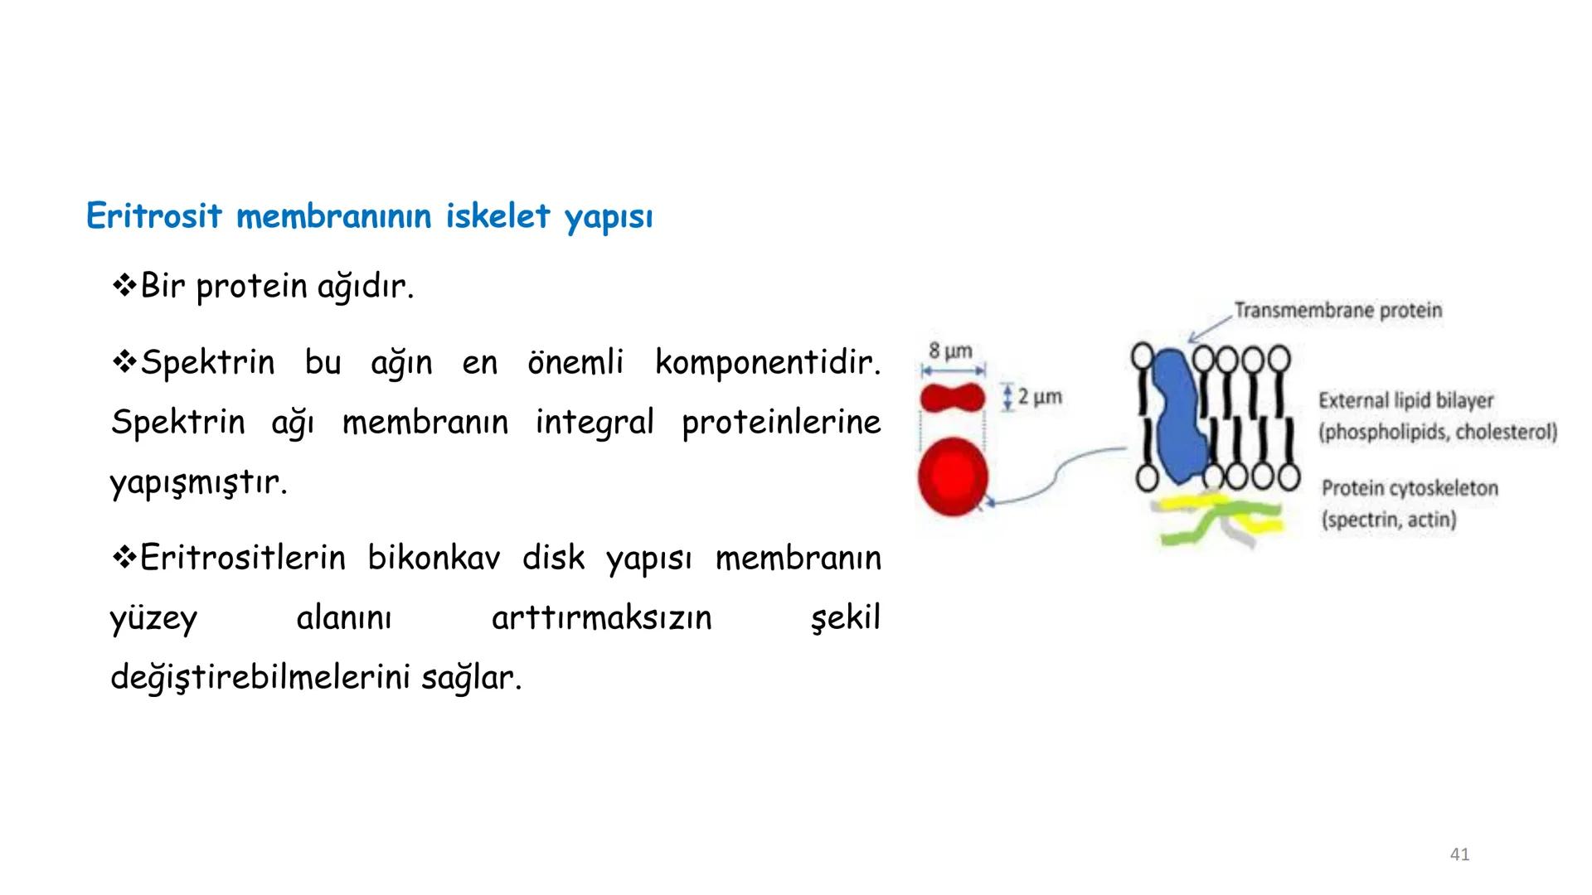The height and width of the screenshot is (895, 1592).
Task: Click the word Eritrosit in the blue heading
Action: pyautogui.click(x=154, y=216)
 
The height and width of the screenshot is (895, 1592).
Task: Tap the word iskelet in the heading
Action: pyautogui.click(x=498, y=216)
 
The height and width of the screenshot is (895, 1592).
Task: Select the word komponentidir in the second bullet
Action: pyautogui.click(x=767, y=362)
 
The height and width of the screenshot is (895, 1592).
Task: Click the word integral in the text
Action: pyautogui.click(x=594, y=422)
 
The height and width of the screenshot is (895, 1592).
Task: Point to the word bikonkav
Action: pyautogui.click(x=433, y=558)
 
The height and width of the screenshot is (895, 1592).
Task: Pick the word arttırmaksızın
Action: pyautogui.click(x=601, y=618)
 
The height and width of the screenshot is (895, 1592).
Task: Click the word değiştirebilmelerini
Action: pyautogui.click(x=261, y=678)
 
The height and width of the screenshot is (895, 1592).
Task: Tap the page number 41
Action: pyautogui.click(x=1459, y=854)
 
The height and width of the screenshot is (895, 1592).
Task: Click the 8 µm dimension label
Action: pyautogui.click(x=950, y=351)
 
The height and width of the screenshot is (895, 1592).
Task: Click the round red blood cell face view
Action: pyautogui.click(x=953, y=477)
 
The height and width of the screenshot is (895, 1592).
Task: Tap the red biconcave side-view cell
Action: pyautogui.click(x=952, y=399)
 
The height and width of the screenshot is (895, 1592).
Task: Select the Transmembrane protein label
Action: pyautogui.click(x=1337, y=311)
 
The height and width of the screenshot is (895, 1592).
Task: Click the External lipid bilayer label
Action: pyautogui.click(x=1405, y=401)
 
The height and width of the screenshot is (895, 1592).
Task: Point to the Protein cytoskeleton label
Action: pyautogui.click(x=1410, y=488)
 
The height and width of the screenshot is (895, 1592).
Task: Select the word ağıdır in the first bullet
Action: pyautogui.click(x=365, y=287)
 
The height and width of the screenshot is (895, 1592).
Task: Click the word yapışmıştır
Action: pyautogui.click(x=198, y=482)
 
